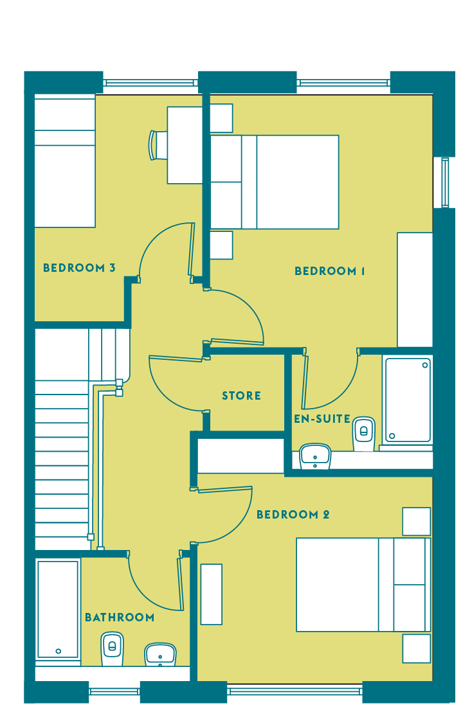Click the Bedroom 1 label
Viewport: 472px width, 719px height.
(329, 271)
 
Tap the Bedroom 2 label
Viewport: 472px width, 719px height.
(293, 515)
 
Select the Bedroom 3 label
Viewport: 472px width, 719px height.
(79, 268)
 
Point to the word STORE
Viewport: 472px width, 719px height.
(241, 396)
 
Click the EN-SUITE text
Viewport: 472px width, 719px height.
(322, 419)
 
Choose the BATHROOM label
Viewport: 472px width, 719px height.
(119, 617)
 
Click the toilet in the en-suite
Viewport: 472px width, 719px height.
(364, 433)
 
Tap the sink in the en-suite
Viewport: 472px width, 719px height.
(315, 456)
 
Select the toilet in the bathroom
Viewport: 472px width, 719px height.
(113, 649)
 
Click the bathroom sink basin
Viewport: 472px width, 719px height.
(161, 655)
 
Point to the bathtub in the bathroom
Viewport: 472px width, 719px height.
(59, 609)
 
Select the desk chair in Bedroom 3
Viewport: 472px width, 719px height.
(158, 145)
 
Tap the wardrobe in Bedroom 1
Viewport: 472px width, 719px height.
(415, 290)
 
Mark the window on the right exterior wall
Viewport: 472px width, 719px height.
(444, 182)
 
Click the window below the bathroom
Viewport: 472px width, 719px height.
(114, 691)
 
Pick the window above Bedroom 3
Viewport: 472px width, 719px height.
(150, 83)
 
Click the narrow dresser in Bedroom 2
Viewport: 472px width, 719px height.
(212, 594)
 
